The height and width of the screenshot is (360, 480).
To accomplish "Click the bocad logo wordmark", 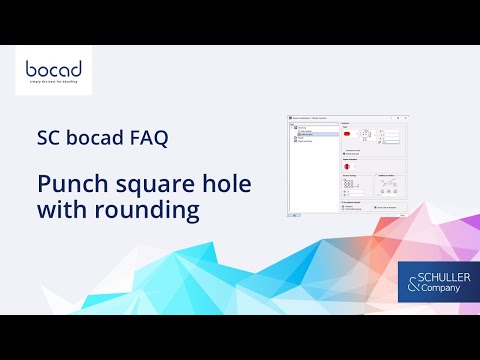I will [x=54, y=71].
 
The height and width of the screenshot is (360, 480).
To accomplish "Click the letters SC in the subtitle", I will [x=50, y=138].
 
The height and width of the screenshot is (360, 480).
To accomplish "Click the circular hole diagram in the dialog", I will [x=348, y=166].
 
